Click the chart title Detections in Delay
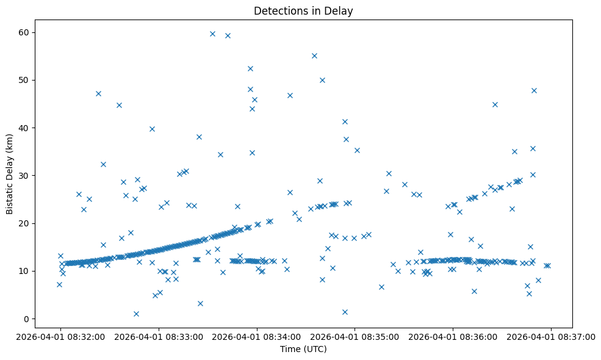pyautogui.click(x=303, y=11)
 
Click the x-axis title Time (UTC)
pyautogui.click(x=303, y=349)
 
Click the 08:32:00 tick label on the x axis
pyautogui.click(x=60, y=336)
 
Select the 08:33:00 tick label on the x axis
pyautogui.click(x=159, y=336)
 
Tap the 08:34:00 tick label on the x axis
pyautogui.click(x=257, y=336)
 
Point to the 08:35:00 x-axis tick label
pyautogui.click(x=354, y=336)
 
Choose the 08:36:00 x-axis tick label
pyautogui.click(x=453, y=336)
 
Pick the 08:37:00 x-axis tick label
pyautogui.click(x=551, y=336)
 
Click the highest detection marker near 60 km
pyautogui.click(x=212, y=34)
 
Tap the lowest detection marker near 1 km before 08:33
pyautogui.click(x=136, y=314)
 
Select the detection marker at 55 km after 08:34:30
pyautogui.click(x=314, y=56)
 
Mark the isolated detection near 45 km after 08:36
pyautogui.click(x=495, y=104)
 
